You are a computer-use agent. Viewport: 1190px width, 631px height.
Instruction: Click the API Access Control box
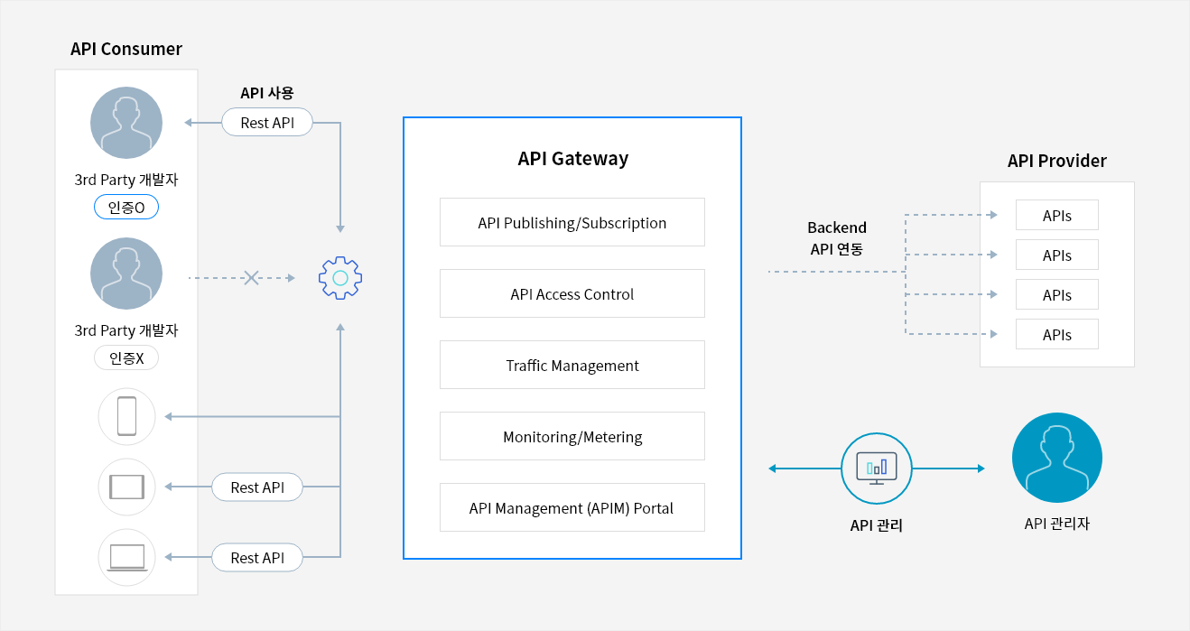point(572,293)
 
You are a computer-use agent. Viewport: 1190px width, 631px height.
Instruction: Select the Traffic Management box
point(572,365)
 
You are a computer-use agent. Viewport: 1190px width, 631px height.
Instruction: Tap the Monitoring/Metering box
point(572,436)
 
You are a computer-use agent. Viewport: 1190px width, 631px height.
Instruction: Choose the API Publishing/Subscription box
point(572,223)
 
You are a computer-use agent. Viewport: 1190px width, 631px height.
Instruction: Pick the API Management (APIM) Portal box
point(572,507)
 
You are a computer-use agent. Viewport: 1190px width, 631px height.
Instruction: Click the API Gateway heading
point(572,158)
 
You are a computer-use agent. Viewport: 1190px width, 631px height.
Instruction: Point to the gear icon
point(340,278)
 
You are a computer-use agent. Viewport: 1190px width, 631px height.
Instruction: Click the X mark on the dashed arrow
point(251,278)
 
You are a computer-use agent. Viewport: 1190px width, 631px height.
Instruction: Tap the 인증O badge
point(126,207)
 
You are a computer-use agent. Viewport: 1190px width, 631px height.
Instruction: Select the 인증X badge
point(126,358)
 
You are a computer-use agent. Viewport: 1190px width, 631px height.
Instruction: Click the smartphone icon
point(127,416)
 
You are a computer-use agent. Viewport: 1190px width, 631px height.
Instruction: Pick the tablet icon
point(127,487)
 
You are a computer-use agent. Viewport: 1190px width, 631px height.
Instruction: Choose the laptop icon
point(127,557)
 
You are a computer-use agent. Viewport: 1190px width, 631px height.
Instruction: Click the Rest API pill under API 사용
point(267,123)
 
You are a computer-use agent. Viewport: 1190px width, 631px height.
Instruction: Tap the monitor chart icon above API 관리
point(877,469)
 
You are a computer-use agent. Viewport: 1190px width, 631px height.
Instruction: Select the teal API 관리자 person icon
point(1057,458)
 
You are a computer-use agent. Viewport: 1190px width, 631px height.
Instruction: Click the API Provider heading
point(1057,161)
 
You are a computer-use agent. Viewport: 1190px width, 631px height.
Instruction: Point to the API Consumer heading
point(126,49)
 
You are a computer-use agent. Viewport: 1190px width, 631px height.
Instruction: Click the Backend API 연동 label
point(837,238)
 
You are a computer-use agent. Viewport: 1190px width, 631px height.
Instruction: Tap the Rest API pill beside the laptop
point(257,557)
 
